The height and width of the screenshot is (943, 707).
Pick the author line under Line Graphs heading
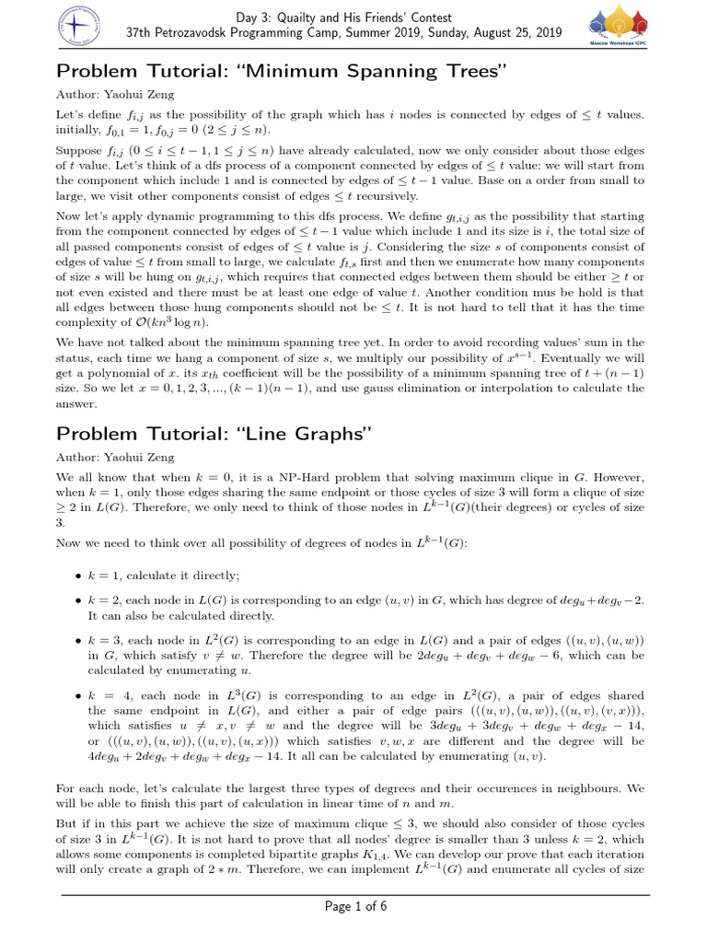pyautogui.click(x=114, y=457)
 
